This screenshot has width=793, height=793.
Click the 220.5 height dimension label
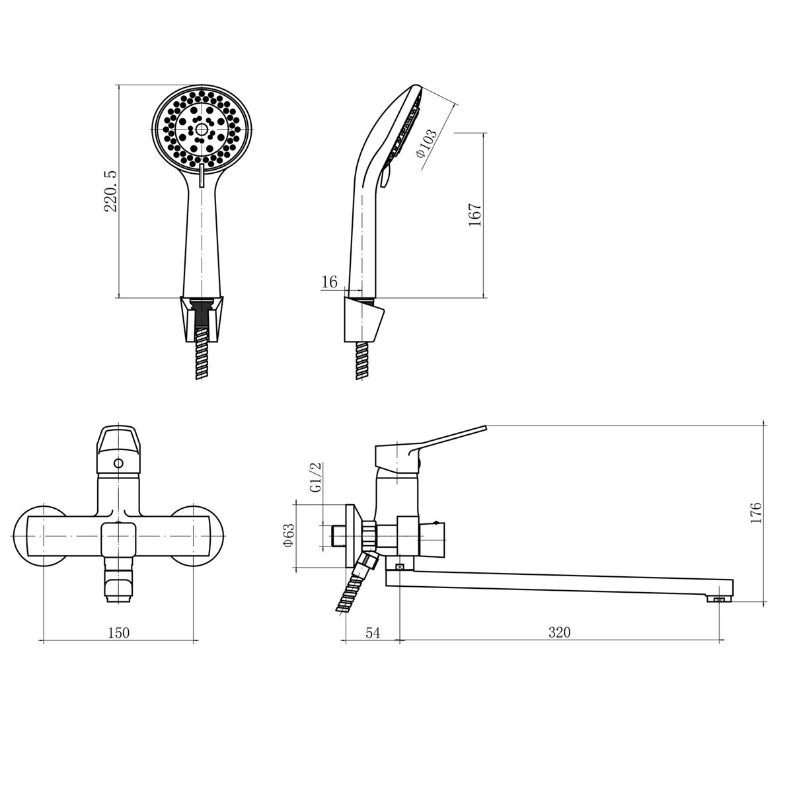[x=111, y=192]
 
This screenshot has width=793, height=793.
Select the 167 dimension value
[x=474, y=214]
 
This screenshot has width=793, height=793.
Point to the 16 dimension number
[x=329, y=282]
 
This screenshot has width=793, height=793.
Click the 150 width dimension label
[x=118, y=632]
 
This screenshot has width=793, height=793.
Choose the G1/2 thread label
[x=316, y=477]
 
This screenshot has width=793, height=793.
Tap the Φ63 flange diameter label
[x=289, y=535]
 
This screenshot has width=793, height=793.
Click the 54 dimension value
[x=373, y=632]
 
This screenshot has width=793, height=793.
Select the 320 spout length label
[x=559, y=632]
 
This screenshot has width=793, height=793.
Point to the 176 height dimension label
[x=756, y=513]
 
